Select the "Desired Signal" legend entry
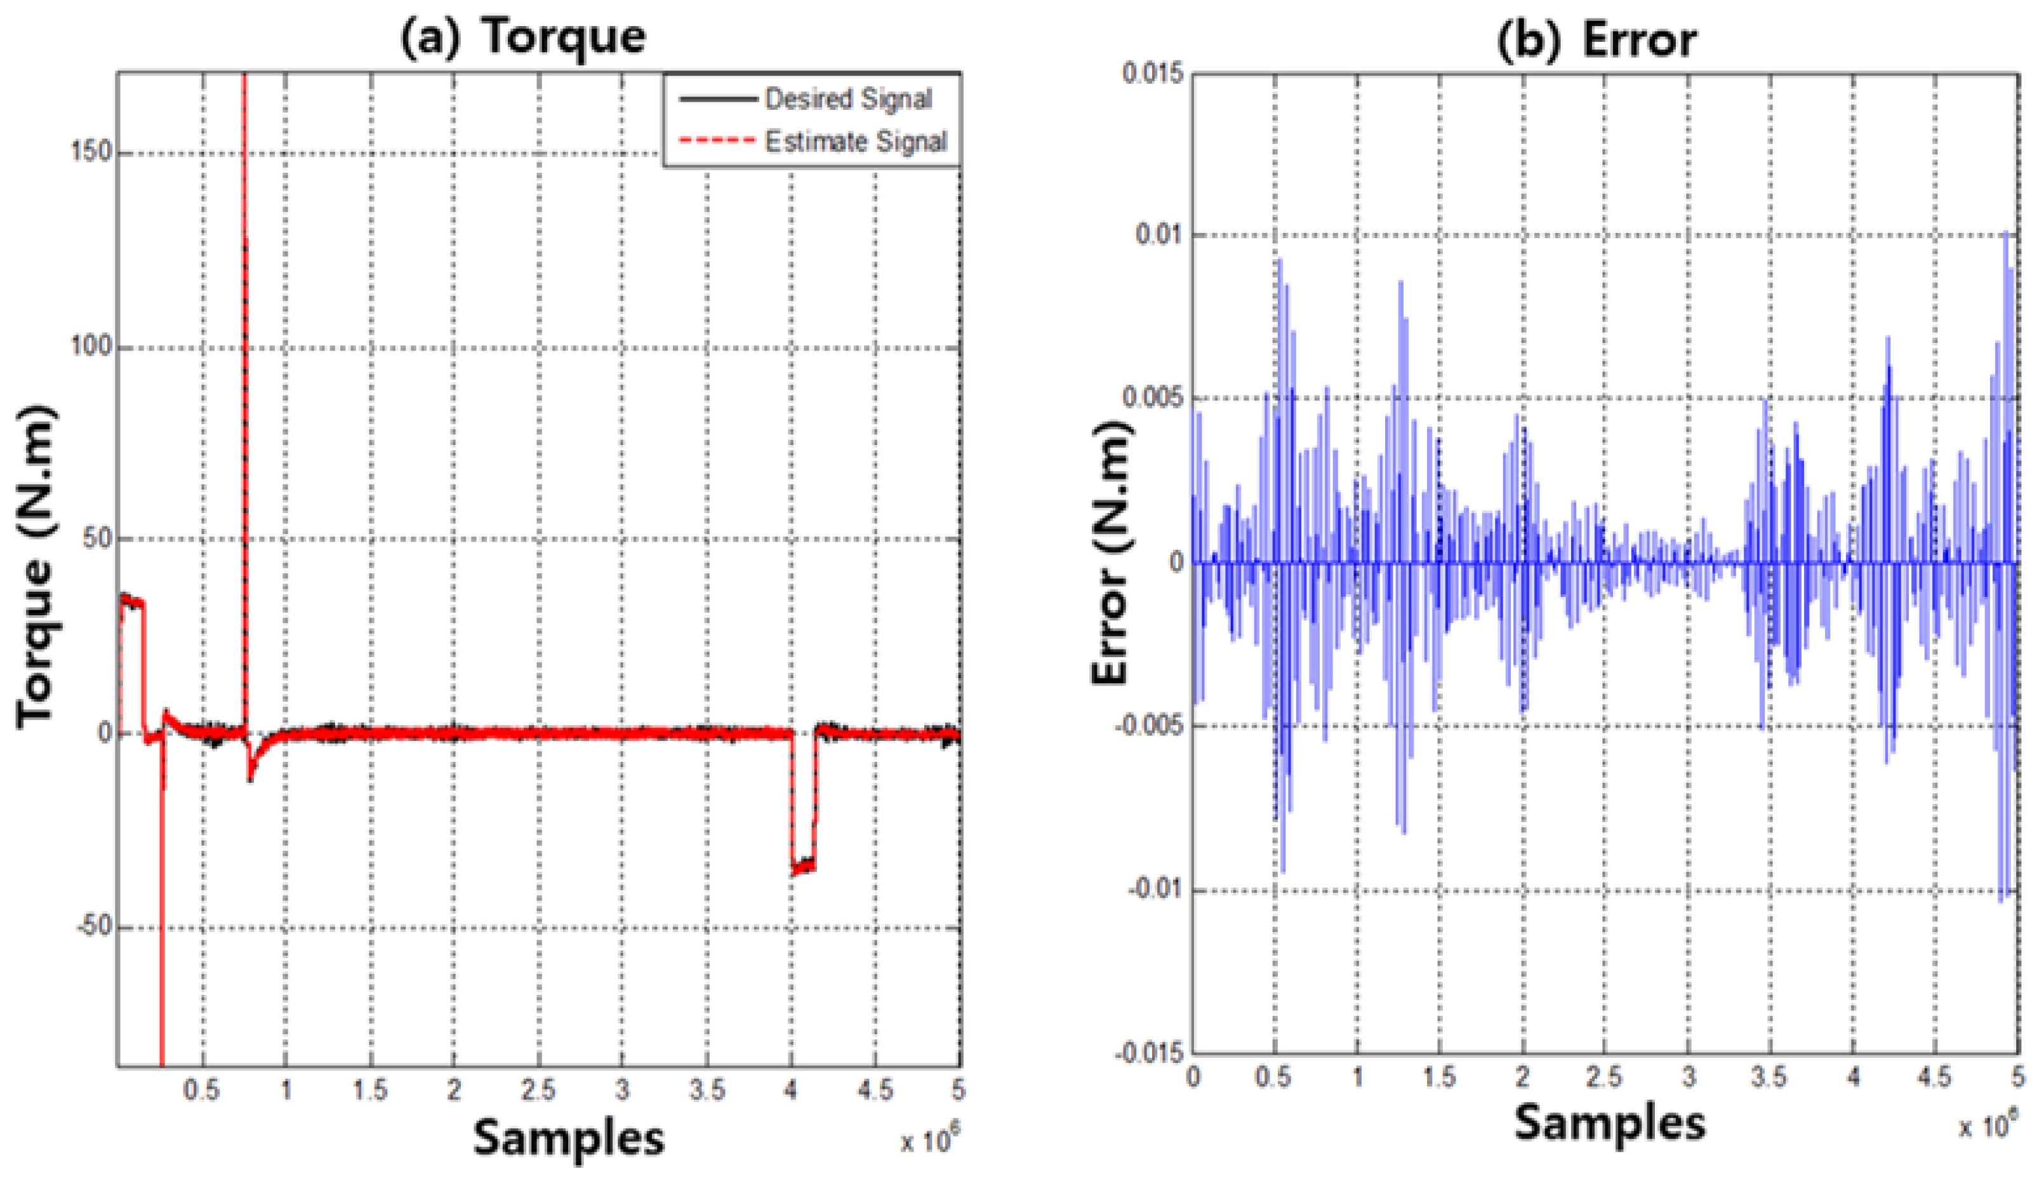[x=847, y=99]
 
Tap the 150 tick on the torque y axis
[x=91, y=152]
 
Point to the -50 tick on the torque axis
[x=93, y=926]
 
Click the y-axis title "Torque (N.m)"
[x=36, y=568]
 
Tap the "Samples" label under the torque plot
[x=568, y=1137]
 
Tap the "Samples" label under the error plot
[x=1609, y=1123]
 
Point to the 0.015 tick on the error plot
[x=1152, y=73]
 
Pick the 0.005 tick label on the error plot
[x=1152, y=398]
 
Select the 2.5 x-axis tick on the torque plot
[x=538, y=1090]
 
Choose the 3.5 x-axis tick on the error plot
[x=1769, y=1077]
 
